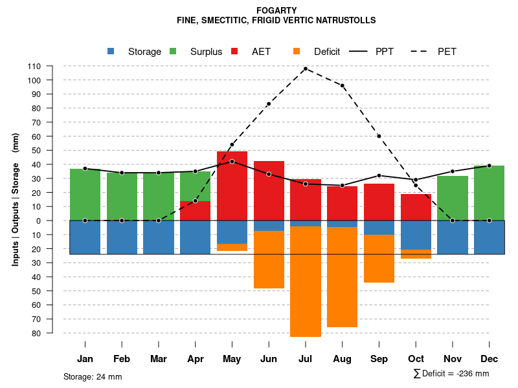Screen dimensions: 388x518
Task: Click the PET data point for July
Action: (305, 69)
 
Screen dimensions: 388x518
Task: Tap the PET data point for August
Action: (342, 85)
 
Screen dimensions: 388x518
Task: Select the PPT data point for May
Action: (232, 161)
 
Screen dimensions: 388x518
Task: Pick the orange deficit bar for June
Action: (269, 259)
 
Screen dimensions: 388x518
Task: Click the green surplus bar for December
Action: (489, 193)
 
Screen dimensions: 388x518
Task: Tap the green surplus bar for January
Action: (85, 194)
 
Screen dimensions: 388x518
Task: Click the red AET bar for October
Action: (416, 207)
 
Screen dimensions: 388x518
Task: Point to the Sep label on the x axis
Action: (379, 359)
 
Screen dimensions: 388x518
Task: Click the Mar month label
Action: (158, 359)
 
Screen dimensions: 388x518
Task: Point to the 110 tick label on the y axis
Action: (34, 66)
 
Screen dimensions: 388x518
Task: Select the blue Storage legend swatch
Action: (111, 51)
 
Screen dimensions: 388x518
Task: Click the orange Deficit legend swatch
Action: (297, 51)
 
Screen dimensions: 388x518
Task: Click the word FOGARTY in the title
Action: (276, 10)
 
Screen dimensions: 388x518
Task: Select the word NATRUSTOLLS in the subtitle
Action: (343, 20)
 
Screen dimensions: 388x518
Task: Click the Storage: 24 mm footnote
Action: (93, 376)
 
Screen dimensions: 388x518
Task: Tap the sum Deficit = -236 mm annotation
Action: (451, 374)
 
